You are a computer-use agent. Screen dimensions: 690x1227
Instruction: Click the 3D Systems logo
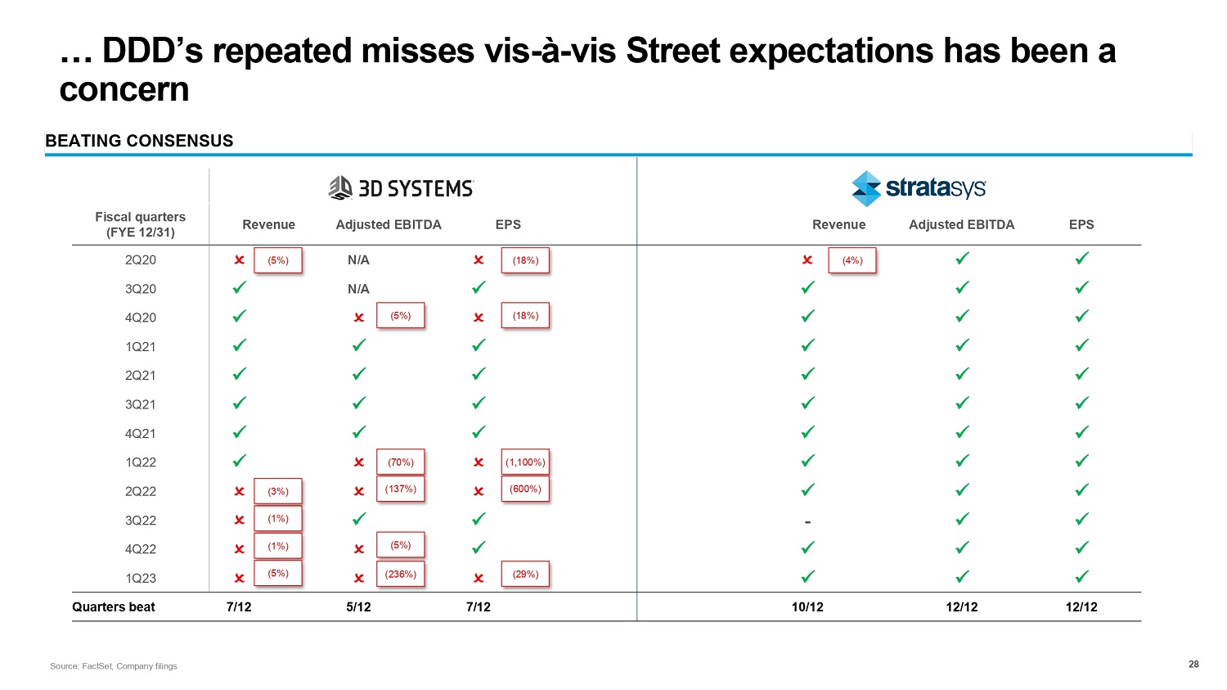(401, 188)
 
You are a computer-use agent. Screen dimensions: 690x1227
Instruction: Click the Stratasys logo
(919, 188)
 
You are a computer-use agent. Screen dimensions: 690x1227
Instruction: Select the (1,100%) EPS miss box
(525, 462)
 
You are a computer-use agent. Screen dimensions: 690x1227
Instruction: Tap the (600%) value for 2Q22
(525, 489)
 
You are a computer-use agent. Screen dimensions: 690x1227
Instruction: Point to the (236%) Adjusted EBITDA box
(400, 575)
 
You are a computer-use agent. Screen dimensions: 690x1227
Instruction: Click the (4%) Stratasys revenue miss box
(852, 260)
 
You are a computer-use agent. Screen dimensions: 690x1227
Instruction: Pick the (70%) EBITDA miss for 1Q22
(400, 462)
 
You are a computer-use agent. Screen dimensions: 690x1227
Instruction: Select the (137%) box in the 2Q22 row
(400, 489)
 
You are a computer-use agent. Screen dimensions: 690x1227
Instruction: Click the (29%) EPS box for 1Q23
(525, 575)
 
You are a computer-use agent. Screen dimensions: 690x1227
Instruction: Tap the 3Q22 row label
(141, 521)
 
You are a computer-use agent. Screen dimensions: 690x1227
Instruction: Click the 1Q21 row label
(141, 347)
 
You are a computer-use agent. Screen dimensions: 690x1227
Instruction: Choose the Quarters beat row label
(114, 607)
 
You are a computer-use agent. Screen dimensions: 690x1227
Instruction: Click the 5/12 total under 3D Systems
(358, 607)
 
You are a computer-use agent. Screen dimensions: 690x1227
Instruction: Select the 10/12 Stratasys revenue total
(807, 607)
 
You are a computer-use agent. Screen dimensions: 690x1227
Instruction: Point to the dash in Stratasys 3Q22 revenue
(807, 521)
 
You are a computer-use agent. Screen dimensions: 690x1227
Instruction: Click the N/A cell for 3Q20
(358, 289)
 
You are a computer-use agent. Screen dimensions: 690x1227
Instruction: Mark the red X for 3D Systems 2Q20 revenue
(239, 260)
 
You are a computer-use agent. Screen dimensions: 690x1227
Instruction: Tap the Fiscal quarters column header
(141, 224)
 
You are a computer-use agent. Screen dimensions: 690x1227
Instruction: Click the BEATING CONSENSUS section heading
(139, 141)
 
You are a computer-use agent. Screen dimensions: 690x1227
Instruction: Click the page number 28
(1193, 665)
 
